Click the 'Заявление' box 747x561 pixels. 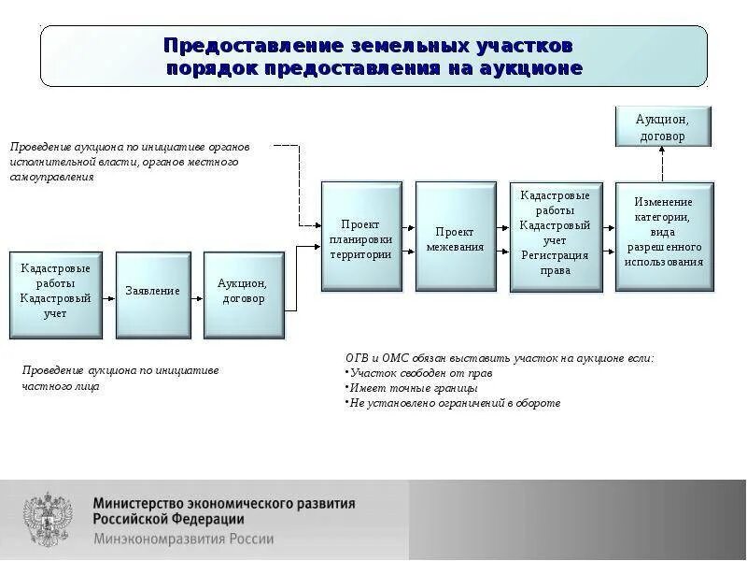(x=153, y=291)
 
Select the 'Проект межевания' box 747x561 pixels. (x=455, y=238)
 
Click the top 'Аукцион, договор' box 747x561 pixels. (x=662, y=127)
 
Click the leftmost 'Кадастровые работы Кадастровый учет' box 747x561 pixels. (x=56, y=293)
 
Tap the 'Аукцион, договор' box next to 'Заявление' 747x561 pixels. (x=244, y=291)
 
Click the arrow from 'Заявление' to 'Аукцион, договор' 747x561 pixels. (x=197, y=292)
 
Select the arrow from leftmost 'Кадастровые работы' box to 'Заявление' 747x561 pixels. (x=108, y=292)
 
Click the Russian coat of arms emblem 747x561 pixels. (x=47, y=521)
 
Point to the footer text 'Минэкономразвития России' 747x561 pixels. (x=183, y=539)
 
